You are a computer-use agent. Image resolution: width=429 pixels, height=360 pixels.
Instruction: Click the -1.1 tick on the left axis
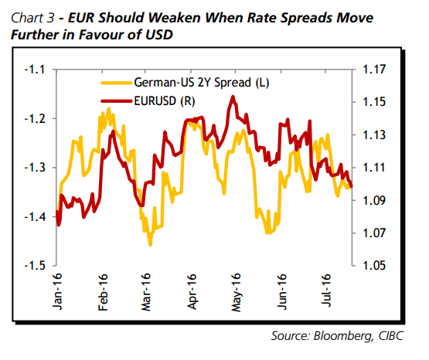[x=36, y=70]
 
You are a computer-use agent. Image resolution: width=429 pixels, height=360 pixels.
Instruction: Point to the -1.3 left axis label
[x=36, y=168]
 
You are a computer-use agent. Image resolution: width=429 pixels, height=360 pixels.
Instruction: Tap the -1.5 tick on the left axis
[x=36, y=266]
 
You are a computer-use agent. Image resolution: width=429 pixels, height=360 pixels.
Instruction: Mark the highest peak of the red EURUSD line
[x=232, y=97]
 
